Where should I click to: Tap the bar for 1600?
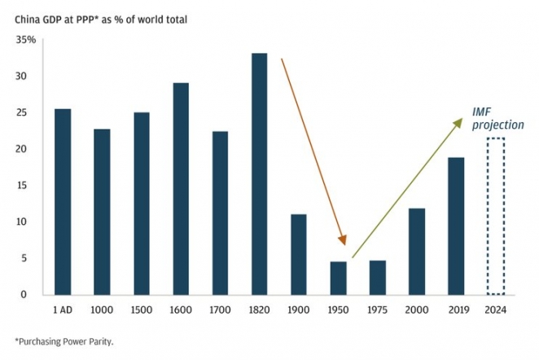tap(181, 188)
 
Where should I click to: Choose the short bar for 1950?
tap(338, 278)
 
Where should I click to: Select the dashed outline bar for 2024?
tap(495, 216)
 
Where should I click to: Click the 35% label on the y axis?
tap(26, 40)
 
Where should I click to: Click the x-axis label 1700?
tap(220, 310)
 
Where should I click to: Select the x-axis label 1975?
tap(377, 310)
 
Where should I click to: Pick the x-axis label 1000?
tap(102, 310)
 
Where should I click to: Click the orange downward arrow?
tap(313, 151)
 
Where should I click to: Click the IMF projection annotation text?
tap(497, 118)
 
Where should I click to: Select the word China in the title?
tap(28, 17)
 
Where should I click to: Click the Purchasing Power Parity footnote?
tap(64, 341)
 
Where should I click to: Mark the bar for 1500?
tap(141, 203)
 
